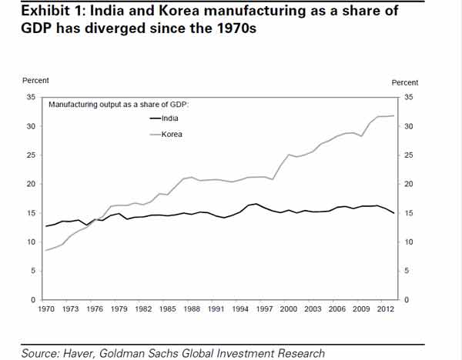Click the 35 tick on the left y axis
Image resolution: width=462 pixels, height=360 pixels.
[31, 98]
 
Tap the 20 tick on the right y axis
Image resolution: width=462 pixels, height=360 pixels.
[408, 185]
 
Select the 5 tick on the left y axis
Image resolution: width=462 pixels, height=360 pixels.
[33, 271]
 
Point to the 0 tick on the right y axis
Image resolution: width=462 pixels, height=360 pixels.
[406, 299]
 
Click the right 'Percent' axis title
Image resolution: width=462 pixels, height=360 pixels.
[405, 82]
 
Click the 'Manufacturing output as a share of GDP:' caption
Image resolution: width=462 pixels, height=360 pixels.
[119, 104]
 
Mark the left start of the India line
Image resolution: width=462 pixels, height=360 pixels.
[46, 226]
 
